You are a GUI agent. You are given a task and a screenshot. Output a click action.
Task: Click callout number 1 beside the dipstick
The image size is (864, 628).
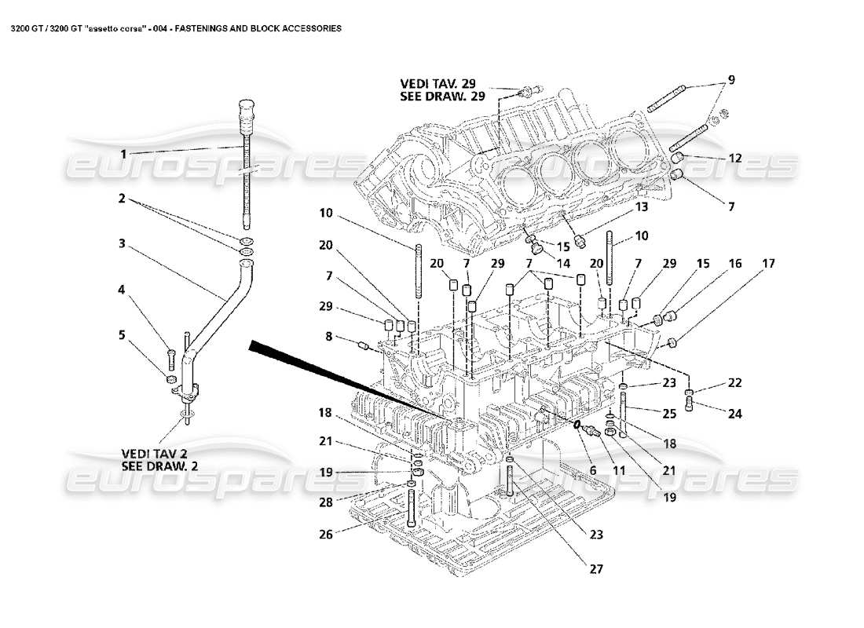pyautogui.click(x=123, y=152)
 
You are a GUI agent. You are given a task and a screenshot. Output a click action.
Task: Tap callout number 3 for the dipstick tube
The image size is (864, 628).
pyautogui.click(x=123, y=243)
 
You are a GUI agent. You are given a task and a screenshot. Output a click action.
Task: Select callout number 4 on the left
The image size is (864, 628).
pyautogui.click(x=123, y=290)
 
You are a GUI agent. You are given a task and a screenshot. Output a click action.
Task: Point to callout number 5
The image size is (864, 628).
pyautogui.click(x=123, y=334)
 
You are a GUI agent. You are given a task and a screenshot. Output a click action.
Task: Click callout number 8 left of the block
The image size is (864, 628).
pyautogui.click(x=328, y=338)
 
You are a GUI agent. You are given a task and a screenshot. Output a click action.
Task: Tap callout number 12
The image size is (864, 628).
pyautogui.click(x=734, y=158)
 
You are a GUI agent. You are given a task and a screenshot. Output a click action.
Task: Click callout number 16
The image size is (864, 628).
pyautogui.click(x=734, y=264)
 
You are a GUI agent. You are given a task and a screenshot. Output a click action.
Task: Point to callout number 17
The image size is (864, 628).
pyautogui.click(x=768, y=264)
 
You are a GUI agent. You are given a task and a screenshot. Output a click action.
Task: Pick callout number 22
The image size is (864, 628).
pyautogui.click(x=734, y=382)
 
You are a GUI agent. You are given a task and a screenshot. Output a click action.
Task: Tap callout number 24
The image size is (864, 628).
pyautogui.click(x=734, y=414)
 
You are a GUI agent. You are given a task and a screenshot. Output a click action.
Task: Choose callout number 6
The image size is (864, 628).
pyautogui.click(x=593, y=470)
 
